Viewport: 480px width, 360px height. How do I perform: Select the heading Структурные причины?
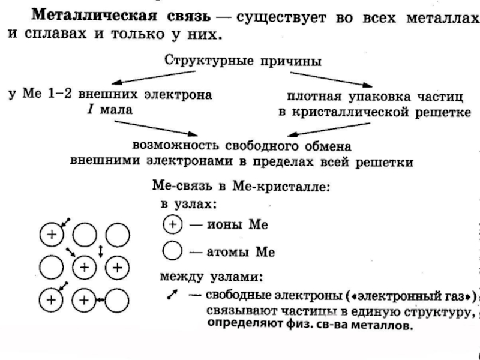(x=242, y=61)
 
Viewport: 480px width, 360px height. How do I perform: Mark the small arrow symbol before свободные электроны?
(x=172, y=296)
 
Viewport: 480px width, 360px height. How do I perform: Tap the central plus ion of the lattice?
(x=85, y=265)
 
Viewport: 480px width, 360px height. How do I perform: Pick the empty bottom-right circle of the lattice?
(x=117, y=298)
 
